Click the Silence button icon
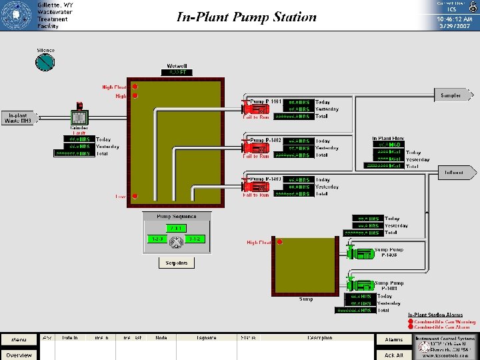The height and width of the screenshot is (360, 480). [46, 62]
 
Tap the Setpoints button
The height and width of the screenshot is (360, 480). [177, 263]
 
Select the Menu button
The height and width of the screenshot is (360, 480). [19, 340]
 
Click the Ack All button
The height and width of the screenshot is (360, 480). [394, 355]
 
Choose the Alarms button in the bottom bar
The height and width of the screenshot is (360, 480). [394, 340]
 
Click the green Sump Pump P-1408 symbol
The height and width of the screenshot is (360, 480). [359, 253]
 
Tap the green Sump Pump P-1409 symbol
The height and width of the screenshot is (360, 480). [359, 285]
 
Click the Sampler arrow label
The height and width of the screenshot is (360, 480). [453, 95]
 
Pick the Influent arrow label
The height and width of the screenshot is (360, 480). [457, 173]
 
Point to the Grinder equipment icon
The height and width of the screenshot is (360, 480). [80, 117]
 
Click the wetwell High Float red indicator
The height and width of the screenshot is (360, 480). [135, 87]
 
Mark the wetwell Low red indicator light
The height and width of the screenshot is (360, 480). [135, 196]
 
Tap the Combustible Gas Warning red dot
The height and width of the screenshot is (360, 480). [410, 321]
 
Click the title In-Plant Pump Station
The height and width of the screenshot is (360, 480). [246, 17]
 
